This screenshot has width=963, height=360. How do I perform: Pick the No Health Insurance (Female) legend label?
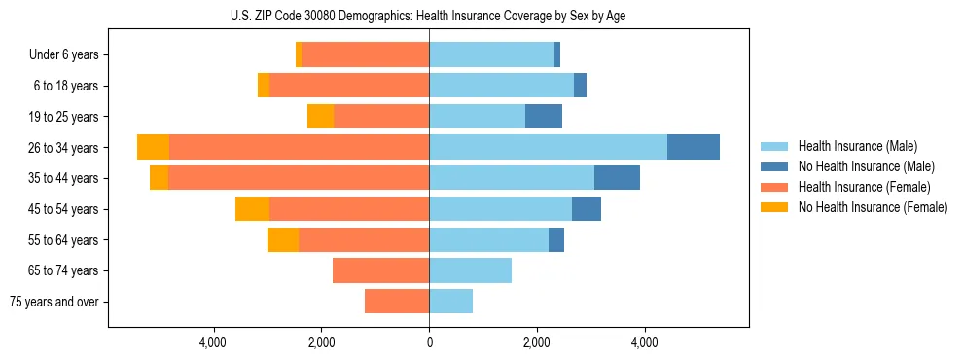[873, 207]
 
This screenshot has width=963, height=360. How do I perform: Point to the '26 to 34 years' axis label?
[65, 148]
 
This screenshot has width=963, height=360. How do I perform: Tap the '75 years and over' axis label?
[54, 302]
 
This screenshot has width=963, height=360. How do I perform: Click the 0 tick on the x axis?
[429, 342]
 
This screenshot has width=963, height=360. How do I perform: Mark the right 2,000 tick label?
[537, 342]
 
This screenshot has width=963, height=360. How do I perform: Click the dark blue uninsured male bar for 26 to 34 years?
[694, 147]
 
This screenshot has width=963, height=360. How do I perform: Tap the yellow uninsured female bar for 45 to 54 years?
[252, 209]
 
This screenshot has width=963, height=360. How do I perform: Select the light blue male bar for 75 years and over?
[450, 302]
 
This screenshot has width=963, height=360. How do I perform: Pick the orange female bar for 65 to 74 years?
[380, 270]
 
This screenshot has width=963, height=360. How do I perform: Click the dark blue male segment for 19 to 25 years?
[544, 117]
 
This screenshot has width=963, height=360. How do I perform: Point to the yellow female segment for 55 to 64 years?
[283, 239]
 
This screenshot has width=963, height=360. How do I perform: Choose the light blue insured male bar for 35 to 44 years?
[512, 178]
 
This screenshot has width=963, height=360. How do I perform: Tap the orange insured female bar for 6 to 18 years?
[349, 86]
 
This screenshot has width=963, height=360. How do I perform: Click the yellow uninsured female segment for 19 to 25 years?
[320, 117]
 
